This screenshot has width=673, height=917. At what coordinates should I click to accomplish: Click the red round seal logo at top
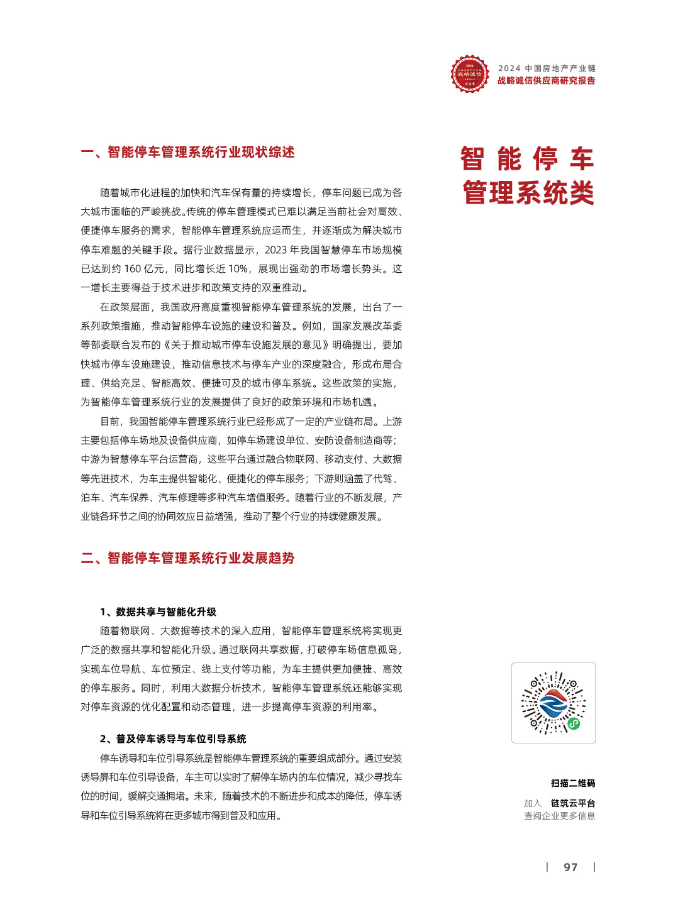click(469, 74)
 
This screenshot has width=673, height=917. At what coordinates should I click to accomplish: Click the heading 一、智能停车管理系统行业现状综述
click(187, 152)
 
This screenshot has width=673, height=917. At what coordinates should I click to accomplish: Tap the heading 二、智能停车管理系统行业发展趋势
click(187, 558)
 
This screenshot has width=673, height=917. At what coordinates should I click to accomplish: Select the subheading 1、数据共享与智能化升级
click(158, 612)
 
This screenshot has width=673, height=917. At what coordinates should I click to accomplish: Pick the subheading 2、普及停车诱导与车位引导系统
click(173, 739)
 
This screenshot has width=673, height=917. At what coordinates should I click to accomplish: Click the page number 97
click(570, 867)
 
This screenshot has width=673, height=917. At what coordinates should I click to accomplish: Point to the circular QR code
click(553, 703)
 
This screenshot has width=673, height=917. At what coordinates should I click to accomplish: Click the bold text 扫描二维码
click(573, 783)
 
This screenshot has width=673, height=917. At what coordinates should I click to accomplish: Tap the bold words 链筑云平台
click(573, 803)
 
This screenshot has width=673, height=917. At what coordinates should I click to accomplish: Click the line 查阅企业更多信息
click(559, 816)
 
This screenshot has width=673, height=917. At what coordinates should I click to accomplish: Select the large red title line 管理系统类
click(528, 193)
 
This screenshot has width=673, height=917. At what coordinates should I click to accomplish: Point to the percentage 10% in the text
click(237, 269)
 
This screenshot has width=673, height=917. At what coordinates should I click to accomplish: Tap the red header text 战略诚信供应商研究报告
click(546, 80)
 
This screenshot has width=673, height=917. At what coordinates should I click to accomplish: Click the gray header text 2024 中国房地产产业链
click(547, 68)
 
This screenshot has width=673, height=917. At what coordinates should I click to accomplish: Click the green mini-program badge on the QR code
click(574, 723)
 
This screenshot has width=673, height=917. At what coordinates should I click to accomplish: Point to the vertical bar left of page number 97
click(547, 867)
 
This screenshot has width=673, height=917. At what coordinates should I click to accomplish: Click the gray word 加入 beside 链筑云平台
click(532, 803)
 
